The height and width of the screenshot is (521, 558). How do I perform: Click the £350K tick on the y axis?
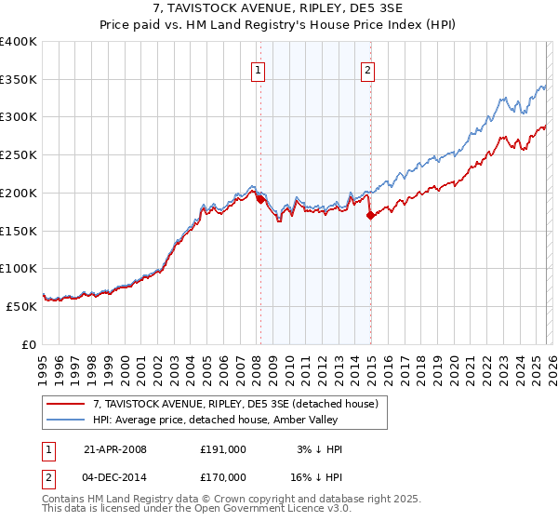[x=19, y=79]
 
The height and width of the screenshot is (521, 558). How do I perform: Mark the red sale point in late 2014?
[x=371, y=215]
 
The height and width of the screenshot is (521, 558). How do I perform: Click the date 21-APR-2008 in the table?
[x=115, y=449]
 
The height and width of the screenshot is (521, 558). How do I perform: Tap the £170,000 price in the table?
[x=222, y=477]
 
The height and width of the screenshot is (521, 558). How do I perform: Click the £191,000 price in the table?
[x=222, y=449]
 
